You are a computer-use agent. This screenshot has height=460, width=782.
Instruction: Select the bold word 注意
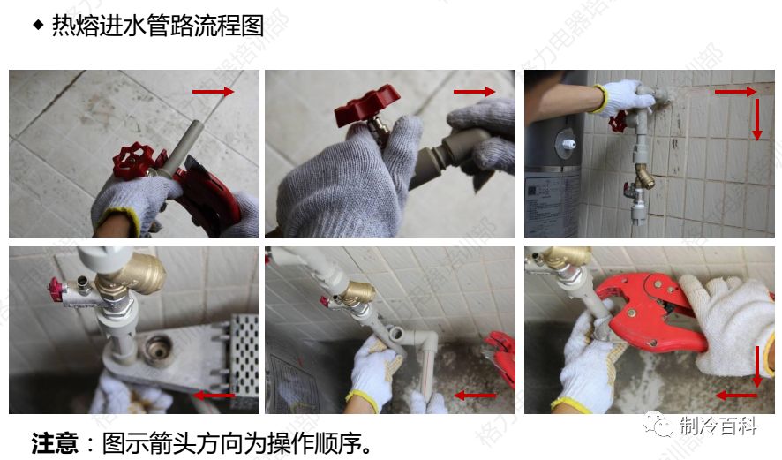(x=55, y=441)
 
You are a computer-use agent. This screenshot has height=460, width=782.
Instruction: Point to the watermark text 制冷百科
(x=718, y=426)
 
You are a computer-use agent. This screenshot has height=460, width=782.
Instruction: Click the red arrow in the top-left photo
(x=214, y=92)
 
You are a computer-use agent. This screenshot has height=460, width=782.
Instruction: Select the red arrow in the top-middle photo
(x=475, y=92)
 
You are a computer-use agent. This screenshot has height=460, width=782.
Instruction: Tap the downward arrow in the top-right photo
(x=756, y=118)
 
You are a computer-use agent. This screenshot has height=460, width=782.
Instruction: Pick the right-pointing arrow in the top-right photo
(x=735, y=91)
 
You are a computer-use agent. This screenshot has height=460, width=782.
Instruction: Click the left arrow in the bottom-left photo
(x=214, y=396)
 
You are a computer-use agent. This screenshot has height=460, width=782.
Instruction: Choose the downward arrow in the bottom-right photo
(x=757, y=366)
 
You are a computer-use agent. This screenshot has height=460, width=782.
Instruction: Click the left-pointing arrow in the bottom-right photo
(x=736, y=396)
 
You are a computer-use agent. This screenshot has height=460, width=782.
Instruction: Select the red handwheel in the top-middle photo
(x=367, y=104)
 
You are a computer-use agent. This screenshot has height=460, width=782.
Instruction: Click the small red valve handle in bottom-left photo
(x=61, y=286)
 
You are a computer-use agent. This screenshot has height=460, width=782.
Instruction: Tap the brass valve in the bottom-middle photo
(x=357, y=294)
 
